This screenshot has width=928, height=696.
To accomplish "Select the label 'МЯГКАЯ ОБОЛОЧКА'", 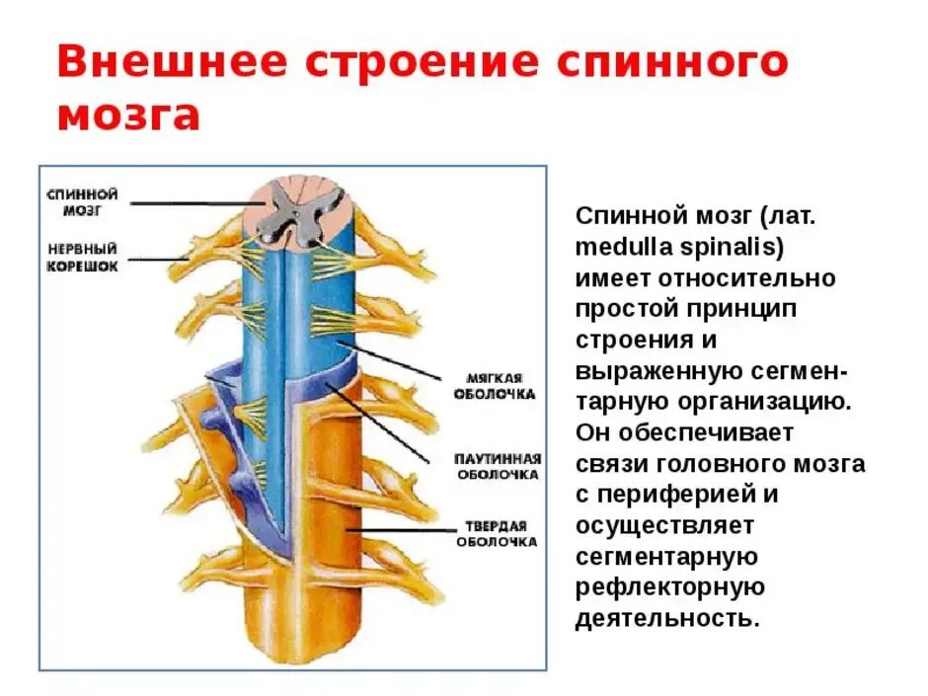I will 501,386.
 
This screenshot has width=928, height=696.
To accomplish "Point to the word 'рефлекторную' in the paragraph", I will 669,587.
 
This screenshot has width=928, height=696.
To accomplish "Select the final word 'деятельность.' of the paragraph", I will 667,619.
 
